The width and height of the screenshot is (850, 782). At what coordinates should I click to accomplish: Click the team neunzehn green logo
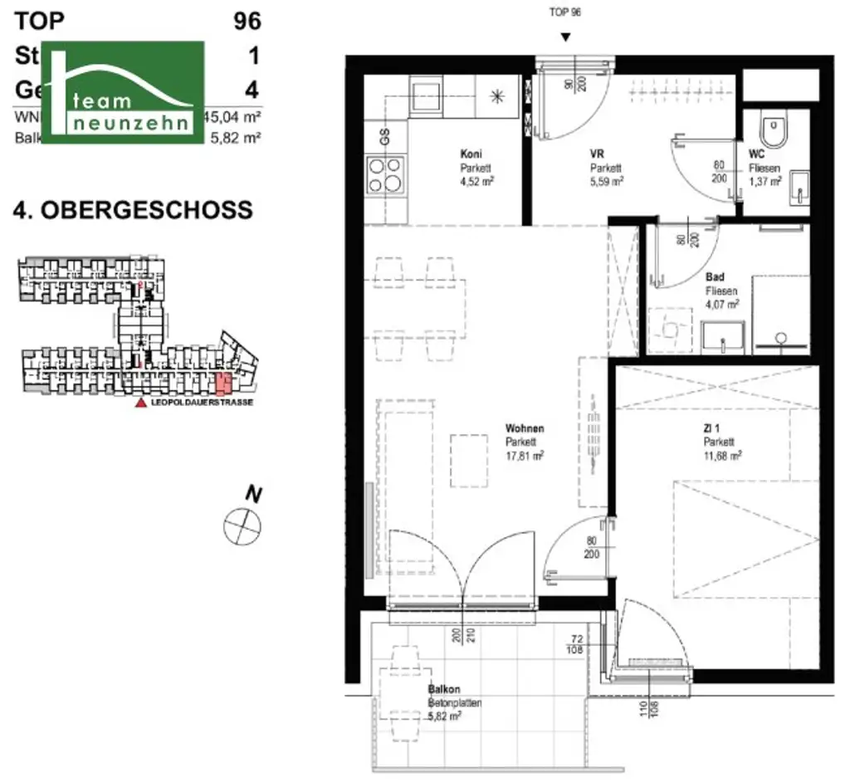(x=122, y=91)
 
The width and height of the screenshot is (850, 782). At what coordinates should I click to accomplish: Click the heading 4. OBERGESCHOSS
(x=133, y=210)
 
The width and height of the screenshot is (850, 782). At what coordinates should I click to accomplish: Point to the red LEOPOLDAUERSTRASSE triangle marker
(x=141, y=403)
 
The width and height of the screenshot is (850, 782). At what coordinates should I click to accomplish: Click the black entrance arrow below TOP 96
(x=565, y=37)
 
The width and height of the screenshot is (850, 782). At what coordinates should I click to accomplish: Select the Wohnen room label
(x=525, y=428)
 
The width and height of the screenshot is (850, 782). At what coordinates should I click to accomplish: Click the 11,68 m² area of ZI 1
(x=721, y=455)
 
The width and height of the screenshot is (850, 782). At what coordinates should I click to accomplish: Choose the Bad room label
(x=715, y=277)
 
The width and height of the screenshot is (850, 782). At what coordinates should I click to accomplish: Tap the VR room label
(x=596, y=154)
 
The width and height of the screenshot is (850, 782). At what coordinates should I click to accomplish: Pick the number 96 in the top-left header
(x=247, y=21)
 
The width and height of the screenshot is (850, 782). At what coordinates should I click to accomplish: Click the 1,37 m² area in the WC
(x=764, y=180)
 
